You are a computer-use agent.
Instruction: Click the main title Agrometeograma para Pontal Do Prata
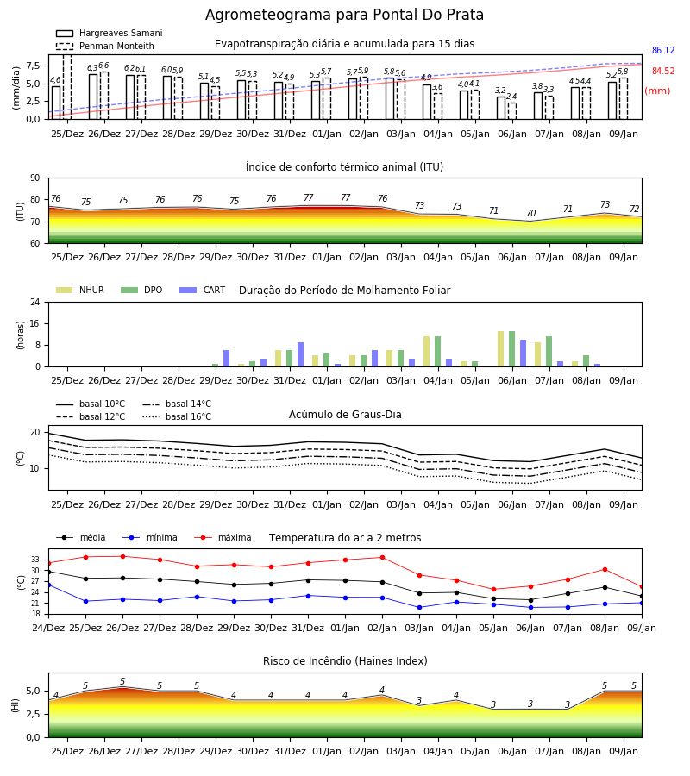click(344, 15)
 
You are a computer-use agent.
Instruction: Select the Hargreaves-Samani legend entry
click(110, 33)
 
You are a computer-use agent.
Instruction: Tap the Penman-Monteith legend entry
click(105, 46)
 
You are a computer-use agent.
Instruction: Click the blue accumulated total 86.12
click(663, 51)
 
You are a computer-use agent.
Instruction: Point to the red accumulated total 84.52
click(663, 72)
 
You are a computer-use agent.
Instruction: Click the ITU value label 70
click(530, 213)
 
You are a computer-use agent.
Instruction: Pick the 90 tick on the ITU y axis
click(35, 178)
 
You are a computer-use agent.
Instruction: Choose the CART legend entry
click(203, 290)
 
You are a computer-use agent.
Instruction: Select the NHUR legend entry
click(80, 290)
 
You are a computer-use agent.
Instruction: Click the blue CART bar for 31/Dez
click(300, 354)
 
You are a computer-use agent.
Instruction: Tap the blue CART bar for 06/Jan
click(524, 354)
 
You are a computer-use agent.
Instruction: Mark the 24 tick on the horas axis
click(35, 303)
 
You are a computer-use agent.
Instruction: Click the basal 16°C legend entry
click(177, 417)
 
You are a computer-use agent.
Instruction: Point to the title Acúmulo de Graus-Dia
click(345, 415)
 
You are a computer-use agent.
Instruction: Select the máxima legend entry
click(223, 537)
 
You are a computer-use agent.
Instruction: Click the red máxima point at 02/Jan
click(383, 557)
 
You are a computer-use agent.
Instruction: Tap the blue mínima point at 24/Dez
click(49, 585)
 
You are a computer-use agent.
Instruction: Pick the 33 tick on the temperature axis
click(35, 560)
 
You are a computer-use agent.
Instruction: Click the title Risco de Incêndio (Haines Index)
click(345, 661)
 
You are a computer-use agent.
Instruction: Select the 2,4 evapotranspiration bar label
click(511, 97)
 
